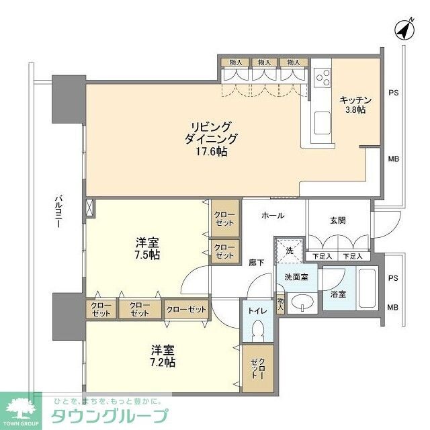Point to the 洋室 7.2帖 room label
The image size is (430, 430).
(x=163, y=355)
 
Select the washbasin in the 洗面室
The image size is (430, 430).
(x=303, y=300)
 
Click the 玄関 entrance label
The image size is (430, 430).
(x=339, y=220)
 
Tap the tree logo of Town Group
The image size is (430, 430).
(x=20, y=407)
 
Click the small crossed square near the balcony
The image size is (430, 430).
(x=87, y=208)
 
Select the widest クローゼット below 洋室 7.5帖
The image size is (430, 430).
(x=185, y=308)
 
